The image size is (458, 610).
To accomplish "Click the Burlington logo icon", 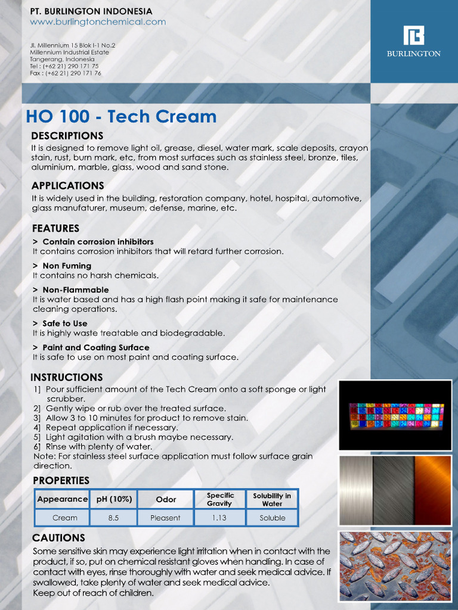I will [413, 36].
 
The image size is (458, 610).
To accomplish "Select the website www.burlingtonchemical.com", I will [98, 22].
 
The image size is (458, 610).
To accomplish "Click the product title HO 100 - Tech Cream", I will [121, 116].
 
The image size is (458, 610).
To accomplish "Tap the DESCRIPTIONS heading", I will [67, 136].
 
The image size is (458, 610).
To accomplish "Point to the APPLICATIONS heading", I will [68, 185].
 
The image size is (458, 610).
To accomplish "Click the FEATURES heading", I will [55, 228].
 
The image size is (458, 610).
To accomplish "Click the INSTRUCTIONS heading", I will [67, 377].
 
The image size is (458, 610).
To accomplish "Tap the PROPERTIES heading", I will [61, 480].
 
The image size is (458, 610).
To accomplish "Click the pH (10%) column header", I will [114, 499].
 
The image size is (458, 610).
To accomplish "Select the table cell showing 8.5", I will [113, 518].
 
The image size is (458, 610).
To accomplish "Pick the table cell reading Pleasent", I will [165, 518].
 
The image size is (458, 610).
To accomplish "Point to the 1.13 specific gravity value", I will [219, 518].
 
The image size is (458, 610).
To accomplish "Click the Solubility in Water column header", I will [272, 499].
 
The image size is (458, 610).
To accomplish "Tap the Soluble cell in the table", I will [272, 518].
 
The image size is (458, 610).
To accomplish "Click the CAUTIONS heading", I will [58, 538].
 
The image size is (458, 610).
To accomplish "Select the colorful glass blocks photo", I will [395, 415].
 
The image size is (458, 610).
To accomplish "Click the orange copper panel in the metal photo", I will [433, 490].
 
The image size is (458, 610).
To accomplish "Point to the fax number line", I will [66, 73].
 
